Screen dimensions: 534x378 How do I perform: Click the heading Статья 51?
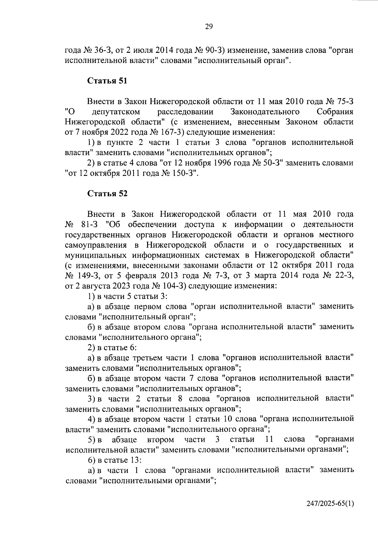(107, 81)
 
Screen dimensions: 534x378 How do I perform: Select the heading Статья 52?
(107, 194)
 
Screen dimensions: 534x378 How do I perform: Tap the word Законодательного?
(265, 112)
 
